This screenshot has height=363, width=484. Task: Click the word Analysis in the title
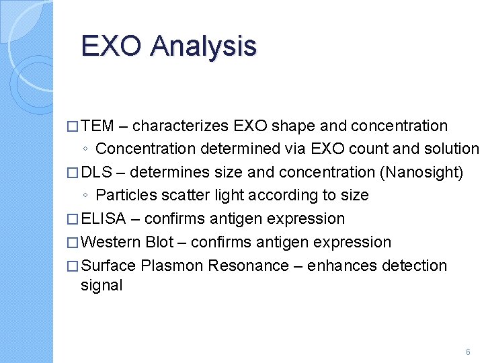click(204, 46)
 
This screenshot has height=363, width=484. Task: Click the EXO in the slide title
click(112, 46)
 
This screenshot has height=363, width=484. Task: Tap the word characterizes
click(182, 126)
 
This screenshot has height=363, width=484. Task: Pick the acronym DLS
click(97, 172)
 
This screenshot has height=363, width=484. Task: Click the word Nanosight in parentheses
click(421, 172)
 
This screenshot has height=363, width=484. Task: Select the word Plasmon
click(172, 266)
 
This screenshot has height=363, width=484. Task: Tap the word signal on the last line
click(102, 285)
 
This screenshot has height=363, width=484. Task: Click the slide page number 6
click(468, 352)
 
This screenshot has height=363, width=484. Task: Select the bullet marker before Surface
click(73, 266)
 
